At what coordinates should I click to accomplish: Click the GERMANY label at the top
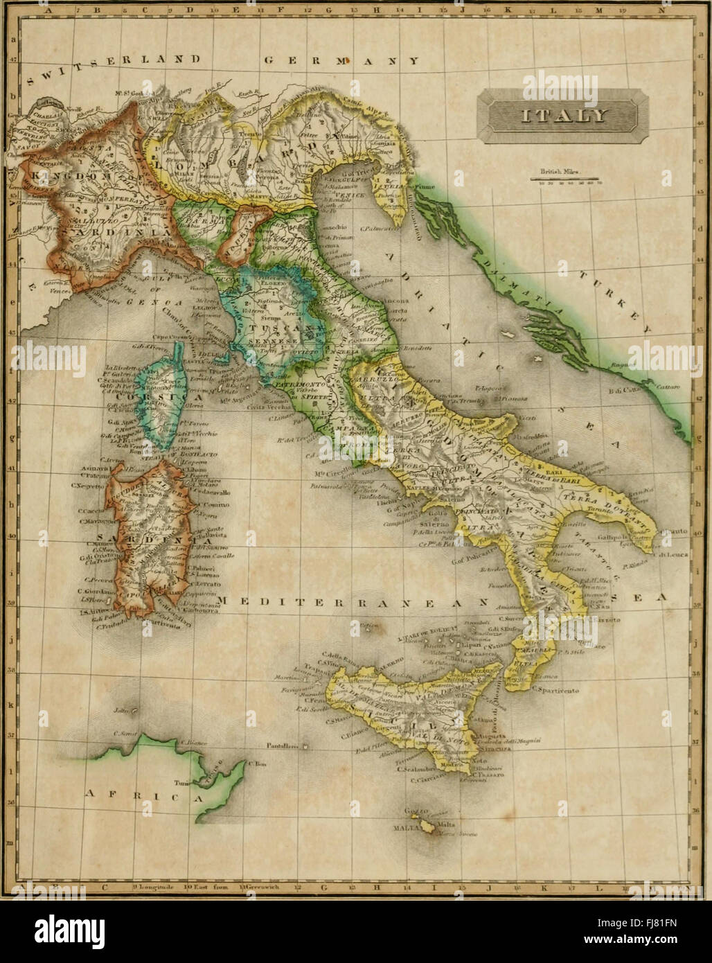pyautogui.click(x=341, y=61)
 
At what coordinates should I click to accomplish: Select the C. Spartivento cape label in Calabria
pyautogui.click(x=558, y=691)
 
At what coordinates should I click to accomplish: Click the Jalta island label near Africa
pyautogui.click(x=123, y=711)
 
